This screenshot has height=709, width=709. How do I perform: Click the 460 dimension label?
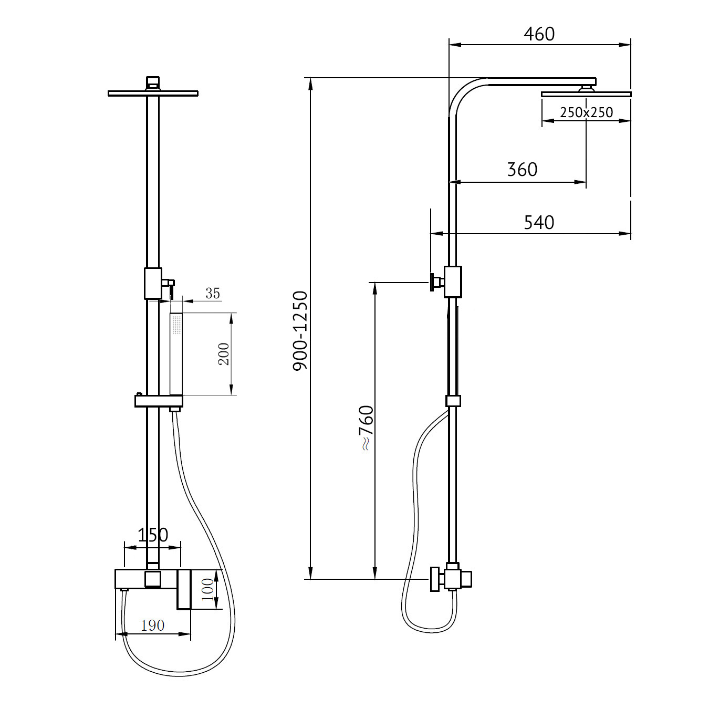tap(539, 34)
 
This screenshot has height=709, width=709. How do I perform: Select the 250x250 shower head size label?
tap(586, 112)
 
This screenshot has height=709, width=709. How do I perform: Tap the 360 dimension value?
tap(522, 170)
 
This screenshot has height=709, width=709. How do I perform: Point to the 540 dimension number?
tap(539, 223)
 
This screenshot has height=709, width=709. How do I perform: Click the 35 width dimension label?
tap(212, 293)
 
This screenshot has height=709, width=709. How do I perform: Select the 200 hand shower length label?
tap(224, 354)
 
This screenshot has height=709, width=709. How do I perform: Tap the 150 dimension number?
tap(152, 535)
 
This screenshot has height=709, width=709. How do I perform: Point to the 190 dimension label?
tap(152, 625)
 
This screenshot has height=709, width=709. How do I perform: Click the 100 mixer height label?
tap(208, 589)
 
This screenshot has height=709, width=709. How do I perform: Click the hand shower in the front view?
tap(176, 354)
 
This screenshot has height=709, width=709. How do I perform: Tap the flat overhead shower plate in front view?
tap(153, 93)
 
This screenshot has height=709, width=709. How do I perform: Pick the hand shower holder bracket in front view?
tap(158, 401)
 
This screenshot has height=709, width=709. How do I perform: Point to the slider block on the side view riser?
tap(453, 401)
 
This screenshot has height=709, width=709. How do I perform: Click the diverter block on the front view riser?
tap(153, 283)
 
